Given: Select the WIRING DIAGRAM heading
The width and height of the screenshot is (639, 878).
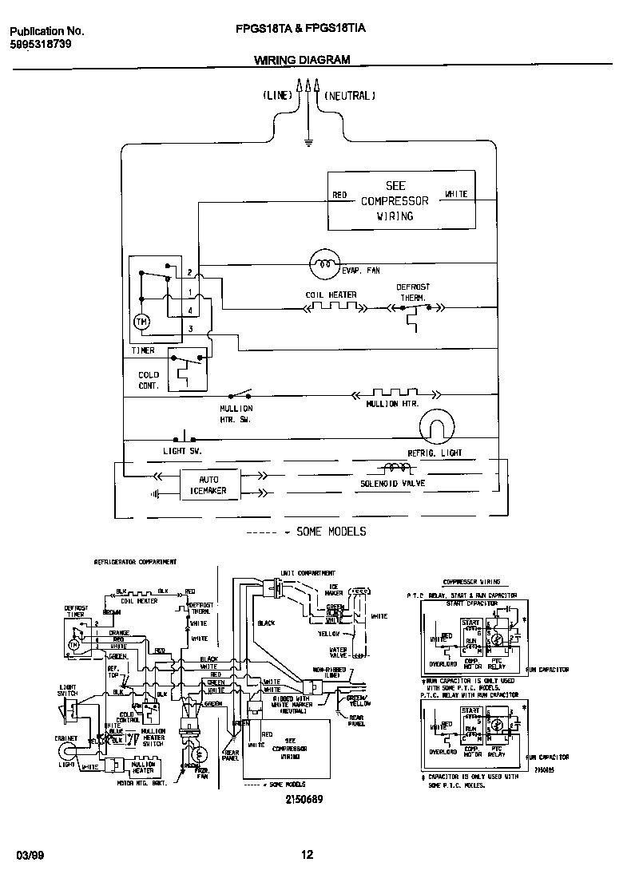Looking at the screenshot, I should click(x=302, y=60).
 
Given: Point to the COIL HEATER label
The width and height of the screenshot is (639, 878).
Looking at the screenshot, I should click(x=331, y=295).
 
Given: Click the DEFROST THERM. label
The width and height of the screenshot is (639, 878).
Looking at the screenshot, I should click(x=413, y=291).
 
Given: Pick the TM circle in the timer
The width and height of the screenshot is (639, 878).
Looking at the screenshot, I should click(x=141, y=322).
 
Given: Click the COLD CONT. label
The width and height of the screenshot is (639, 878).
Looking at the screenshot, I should click(x=149, y=380).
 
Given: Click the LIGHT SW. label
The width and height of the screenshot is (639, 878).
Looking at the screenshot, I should click(x=183, y=451).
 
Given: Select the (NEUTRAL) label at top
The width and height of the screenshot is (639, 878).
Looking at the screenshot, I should click(x=349, y=96).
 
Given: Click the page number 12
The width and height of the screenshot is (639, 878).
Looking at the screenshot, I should click(x=308, y=856).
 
